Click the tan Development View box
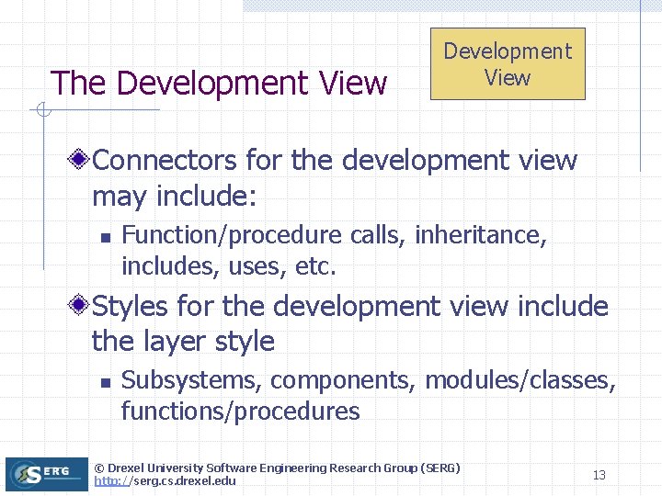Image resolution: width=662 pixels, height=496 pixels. [508, 63]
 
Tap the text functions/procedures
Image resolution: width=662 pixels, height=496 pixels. [240, 411]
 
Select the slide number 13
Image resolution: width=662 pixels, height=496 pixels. [599, 475]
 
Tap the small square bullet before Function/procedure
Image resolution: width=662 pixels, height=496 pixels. [106, 237]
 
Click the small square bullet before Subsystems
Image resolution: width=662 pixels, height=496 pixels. [106, 382]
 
